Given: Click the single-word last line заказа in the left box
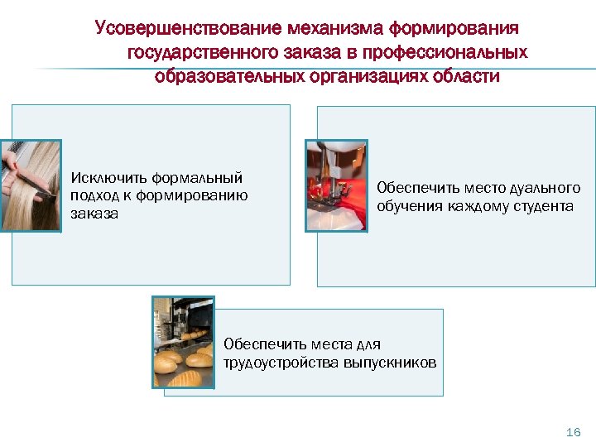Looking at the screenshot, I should click(x=94, y=214).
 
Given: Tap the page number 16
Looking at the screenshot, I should click(x=572, y=432).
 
